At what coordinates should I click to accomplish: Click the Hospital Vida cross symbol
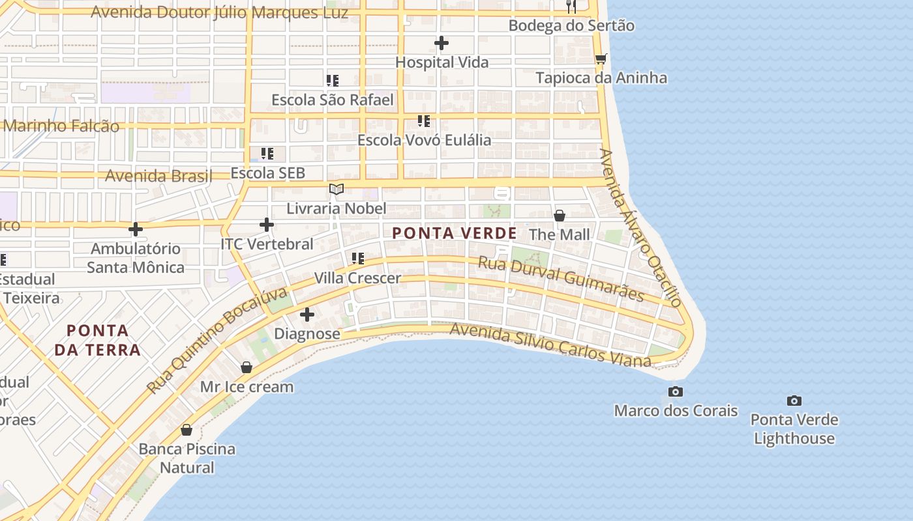coord(442,44)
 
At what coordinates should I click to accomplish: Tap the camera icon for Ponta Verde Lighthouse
coord(794,401)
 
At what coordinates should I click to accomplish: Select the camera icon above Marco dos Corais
coord(676,391)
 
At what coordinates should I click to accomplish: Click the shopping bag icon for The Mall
coord(559,216)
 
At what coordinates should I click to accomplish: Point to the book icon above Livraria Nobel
coord(337,190)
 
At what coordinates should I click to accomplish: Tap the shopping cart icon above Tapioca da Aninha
coord(601,59)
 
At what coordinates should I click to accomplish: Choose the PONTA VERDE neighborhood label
coord(455,233)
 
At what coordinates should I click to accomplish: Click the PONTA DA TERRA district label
coord(97,340)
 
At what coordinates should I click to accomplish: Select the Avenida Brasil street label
coord(158,176)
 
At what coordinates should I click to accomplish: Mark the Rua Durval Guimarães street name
coord(561,279)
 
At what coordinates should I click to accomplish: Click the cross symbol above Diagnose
coord(307,315)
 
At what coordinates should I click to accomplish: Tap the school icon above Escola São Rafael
coord(333,81)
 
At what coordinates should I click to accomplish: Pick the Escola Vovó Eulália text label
coord(424,140)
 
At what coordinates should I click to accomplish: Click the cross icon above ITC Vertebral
coord(267,225)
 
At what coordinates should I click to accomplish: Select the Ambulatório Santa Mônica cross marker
coord(136,229)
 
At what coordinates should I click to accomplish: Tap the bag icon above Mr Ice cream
coord(247,368)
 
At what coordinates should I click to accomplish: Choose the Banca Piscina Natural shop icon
coord(187,430)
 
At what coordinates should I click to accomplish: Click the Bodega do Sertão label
coord(571,26)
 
